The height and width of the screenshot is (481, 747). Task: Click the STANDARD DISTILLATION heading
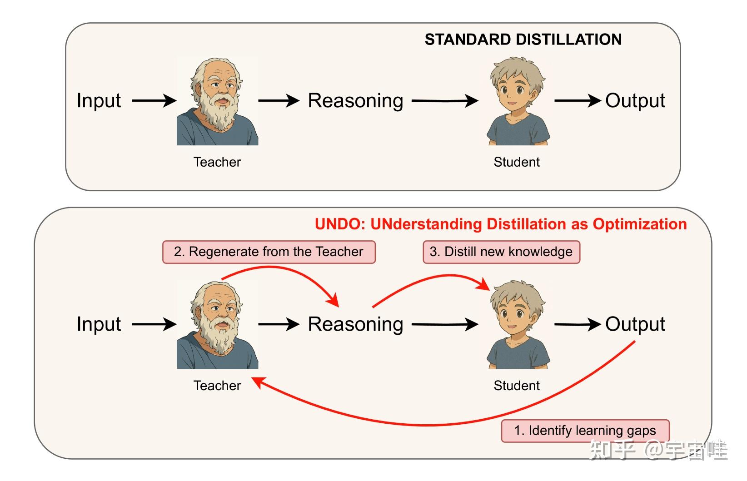pyautogui.click(x=523, y=40)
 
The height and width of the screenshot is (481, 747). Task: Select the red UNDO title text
pyautogui.click(x=500, y=224)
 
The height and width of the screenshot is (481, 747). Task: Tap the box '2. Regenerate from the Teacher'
pyautogui.click(x=269, y=252)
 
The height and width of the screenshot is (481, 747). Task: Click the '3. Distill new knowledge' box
pyautogui.click(x=501, y=252)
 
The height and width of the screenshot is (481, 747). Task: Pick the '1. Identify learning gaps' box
pyautogui.click(x=585, y=430)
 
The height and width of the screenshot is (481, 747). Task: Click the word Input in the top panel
pyautogui.click(x=99, y=100)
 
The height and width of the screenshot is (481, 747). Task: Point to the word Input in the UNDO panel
pyautogui.click(x=99, y=324)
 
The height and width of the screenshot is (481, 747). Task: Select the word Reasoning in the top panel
pyautogui.click(x=355, y=101)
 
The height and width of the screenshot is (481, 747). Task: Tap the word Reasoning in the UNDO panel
pyautogui.click(x=355, y=324)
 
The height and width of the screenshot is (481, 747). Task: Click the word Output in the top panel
pyautogui.click(x=635, y=100)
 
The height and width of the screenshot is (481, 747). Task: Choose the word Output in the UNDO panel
pyautogui.click(x=635, y=324)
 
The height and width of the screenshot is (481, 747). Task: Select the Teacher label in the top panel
pyautogui.click(x=217, y=162)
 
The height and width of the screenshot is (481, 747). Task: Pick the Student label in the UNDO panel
pyautogui.click(x=517, y=386)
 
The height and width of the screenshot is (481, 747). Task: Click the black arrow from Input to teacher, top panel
pyautogui.click(x=154, y=100)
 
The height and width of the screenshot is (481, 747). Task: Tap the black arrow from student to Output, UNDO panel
pyautogui.click(x=578, y=324)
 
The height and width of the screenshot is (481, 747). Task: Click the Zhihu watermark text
pyautogui.click(x=658, y=450)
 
